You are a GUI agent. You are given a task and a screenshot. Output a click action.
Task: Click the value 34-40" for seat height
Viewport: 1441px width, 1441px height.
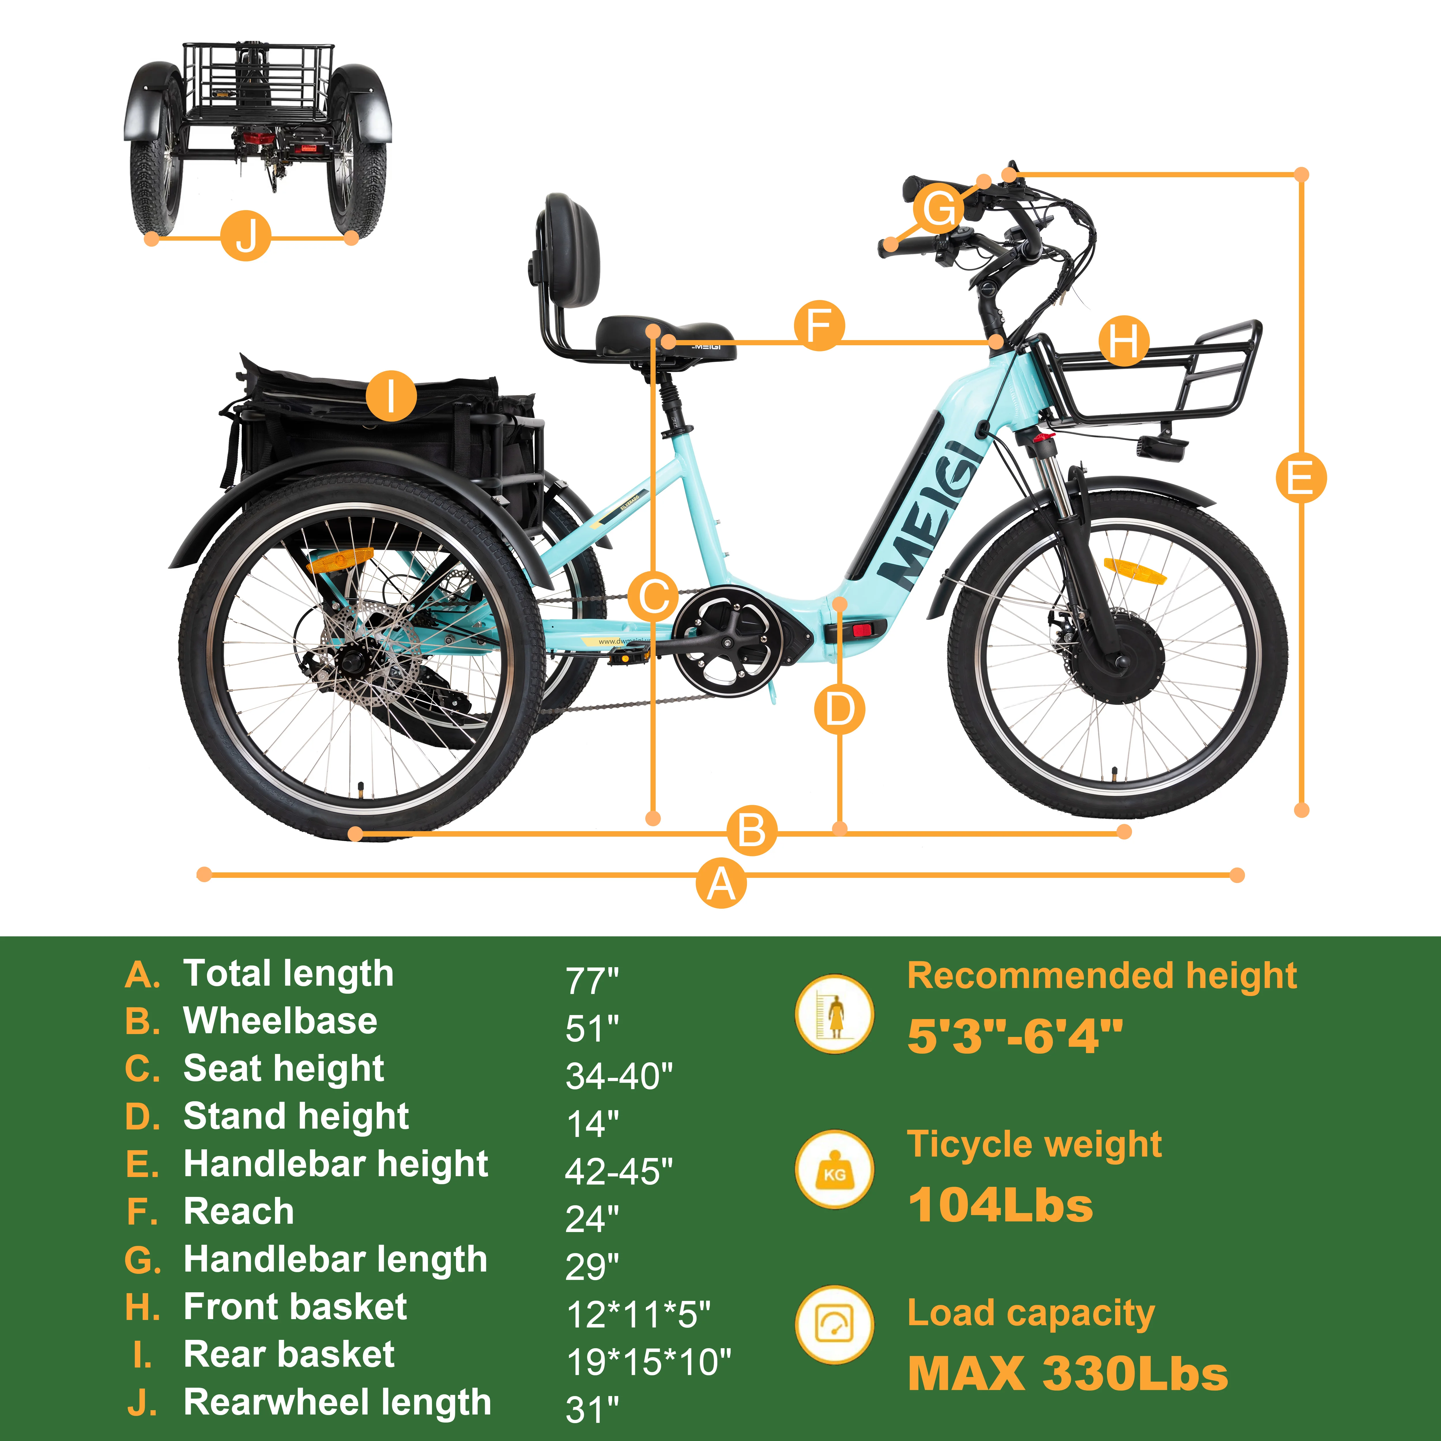[x=618, y=1076]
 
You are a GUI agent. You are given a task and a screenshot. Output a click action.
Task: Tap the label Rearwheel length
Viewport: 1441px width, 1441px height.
[x=337, y=1402]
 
